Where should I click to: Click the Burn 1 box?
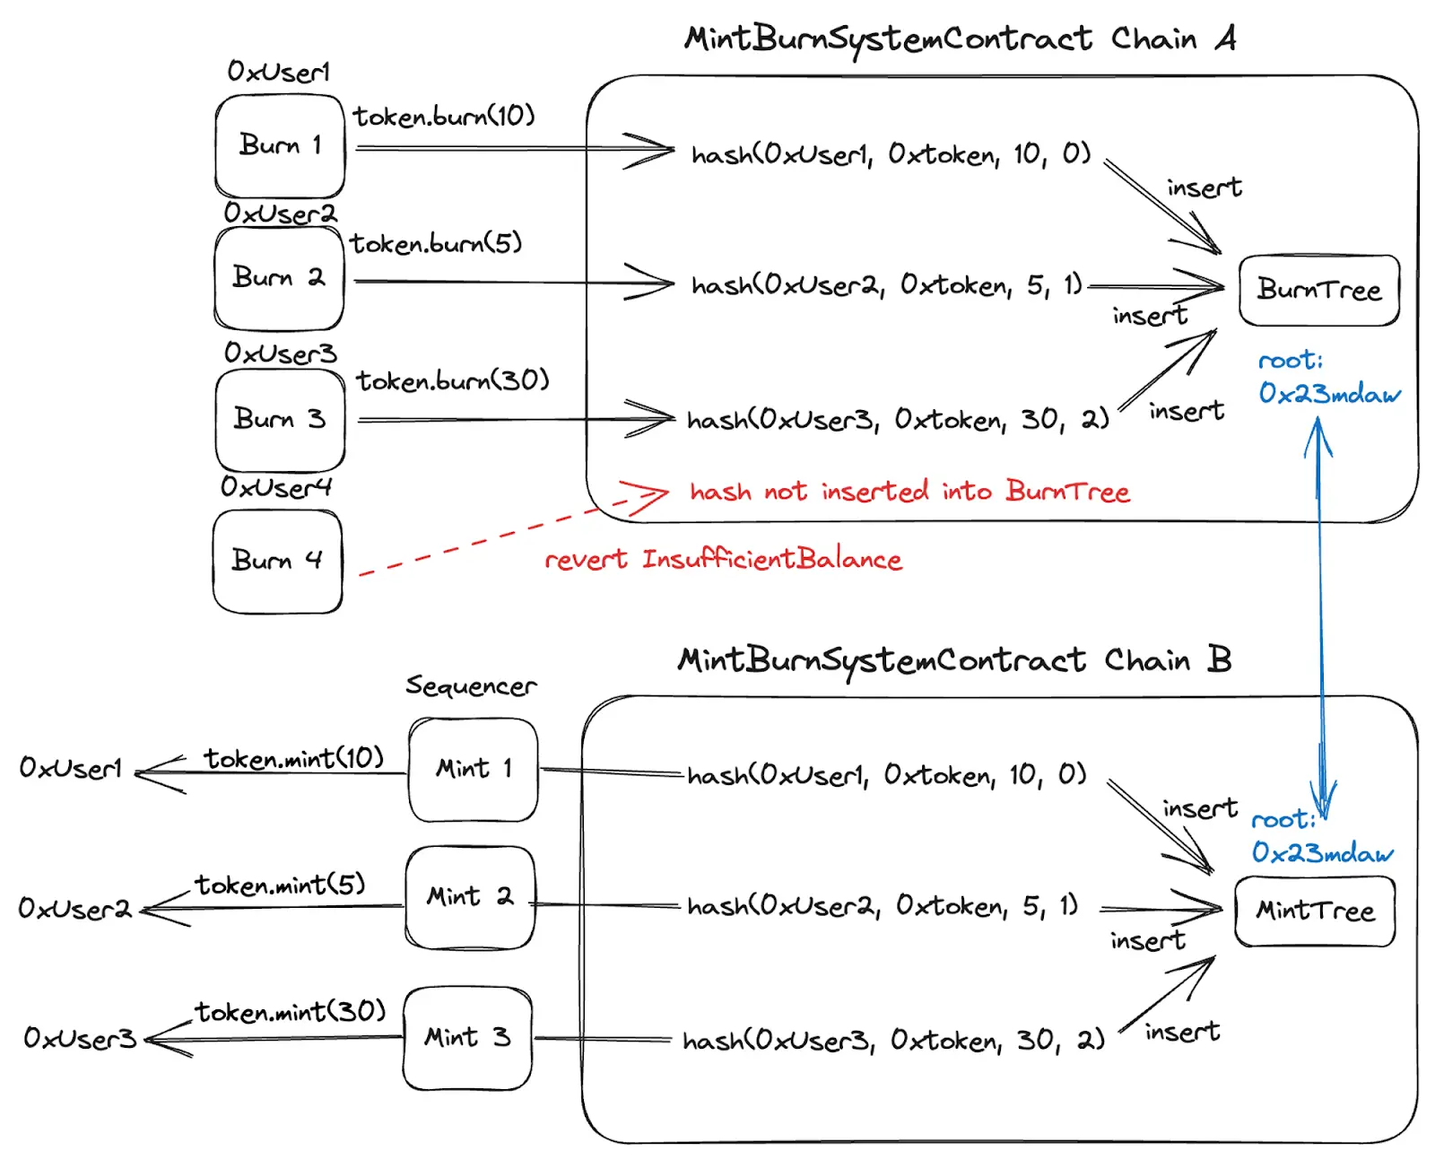click(280, 145)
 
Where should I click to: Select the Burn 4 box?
click(277, 561)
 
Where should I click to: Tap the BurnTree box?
click(1318, 290)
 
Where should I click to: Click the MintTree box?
click(1315, 911)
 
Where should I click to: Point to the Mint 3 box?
click(467, 1038)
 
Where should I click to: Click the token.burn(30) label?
click(452, 381)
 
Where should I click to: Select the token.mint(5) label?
click(281, 885)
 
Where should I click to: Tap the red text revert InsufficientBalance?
click(723, 560)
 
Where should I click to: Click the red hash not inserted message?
click(909, 492)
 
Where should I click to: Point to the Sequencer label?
click(471, 686)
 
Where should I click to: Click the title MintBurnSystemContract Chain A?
click(960, 39)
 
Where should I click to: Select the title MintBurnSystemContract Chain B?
click(954, 660)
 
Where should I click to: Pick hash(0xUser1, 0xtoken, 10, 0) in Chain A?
click(891, 155)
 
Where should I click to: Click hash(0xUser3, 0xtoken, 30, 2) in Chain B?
click(893, 1041)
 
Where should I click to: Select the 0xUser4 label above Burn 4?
click(276, 487)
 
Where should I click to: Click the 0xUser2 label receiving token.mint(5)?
click(75, 909)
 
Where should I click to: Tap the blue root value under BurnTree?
click(1328, 393)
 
